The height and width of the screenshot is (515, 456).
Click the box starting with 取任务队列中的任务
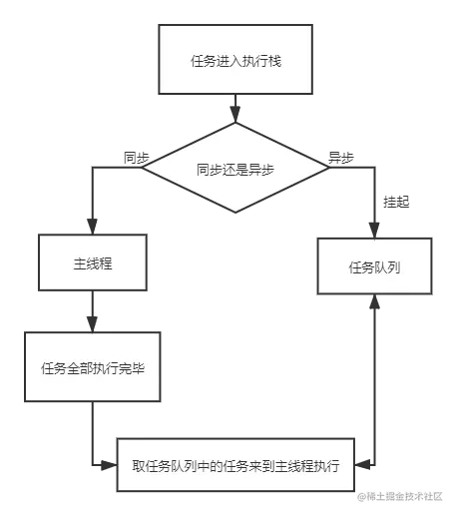(235, 466)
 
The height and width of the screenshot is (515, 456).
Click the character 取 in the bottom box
(139, 466)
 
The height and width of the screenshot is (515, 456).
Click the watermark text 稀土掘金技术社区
(408, 495)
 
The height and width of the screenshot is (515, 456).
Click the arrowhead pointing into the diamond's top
(235, 107)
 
